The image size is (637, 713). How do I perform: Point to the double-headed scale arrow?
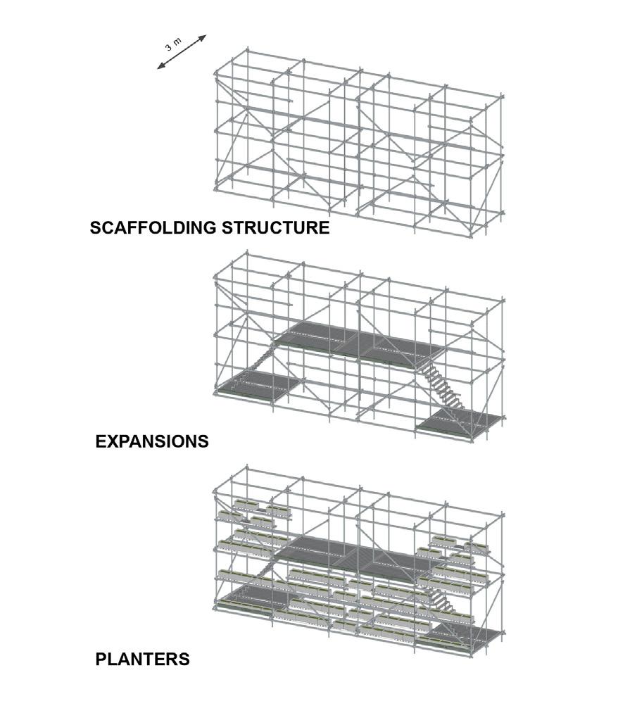[x=182, y=53]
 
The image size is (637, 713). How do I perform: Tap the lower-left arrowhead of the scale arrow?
[x=160, y=67]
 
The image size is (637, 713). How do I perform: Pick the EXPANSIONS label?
[x=152, y=441]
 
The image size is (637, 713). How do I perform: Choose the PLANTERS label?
[x=142, y=660]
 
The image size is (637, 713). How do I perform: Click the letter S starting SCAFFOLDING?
[x=95, y=228]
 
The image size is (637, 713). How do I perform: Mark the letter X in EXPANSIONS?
[x=111, y=441]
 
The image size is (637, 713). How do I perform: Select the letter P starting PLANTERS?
[x=101, y=660]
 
